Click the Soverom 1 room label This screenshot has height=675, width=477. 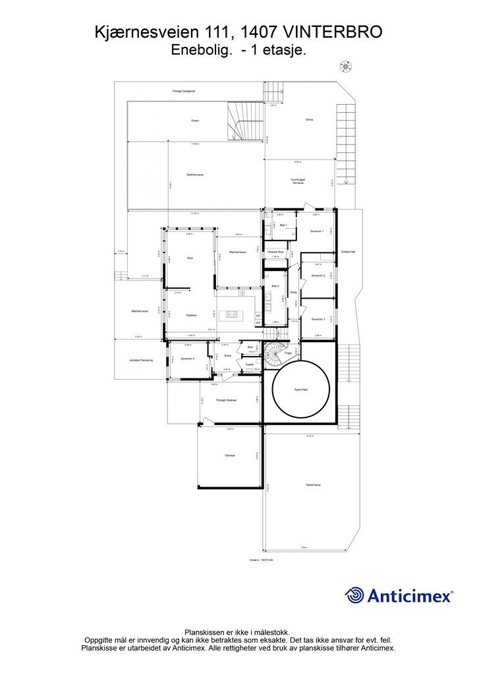point(317,231)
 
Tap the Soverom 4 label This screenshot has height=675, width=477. point(187,359)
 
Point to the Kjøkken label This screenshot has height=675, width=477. point(191,315)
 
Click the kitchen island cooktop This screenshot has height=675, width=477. point(232,315)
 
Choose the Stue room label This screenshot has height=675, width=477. point(190,258)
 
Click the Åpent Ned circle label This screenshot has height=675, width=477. point(300,390)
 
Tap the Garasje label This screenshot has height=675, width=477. point(230,455)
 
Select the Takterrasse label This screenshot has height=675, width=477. point(312,484)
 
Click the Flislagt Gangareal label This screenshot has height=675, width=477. point(184,91)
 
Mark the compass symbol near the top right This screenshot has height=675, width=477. point(345,64)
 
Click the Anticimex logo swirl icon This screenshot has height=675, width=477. point(355,595)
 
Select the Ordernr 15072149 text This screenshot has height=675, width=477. point(262,560)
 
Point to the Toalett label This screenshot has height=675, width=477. point(249,365)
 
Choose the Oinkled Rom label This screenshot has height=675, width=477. point(276,252)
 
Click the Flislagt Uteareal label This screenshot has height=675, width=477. point(226,400)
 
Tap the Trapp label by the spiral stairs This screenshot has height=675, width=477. point(288,353)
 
